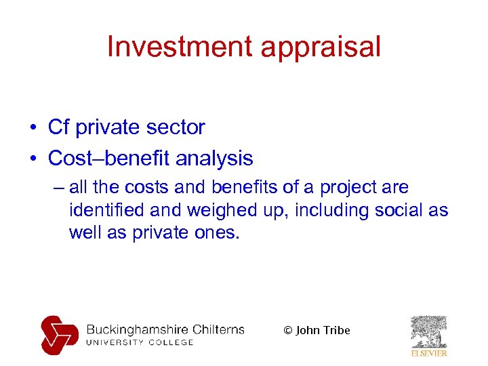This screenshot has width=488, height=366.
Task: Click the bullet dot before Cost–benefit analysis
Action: (33, 159)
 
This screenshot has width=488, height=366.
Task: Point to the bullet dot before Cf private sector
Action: (33, 127)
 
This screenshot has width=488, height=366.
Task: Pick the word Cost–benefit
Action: (108, 159)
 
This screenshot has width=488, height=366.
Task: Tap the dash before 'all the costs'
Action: (57, 188)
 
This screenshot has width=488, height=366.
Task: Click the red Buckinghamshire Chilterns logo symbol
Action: (60, 334)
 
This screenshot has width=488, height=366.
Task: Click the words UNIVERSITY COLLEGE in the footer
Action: (140, 342)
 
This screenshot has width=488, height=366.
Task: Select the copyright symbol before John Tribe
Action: (287, 331)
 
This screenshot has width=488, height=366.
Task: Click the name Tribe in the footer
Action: (337, 330)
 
